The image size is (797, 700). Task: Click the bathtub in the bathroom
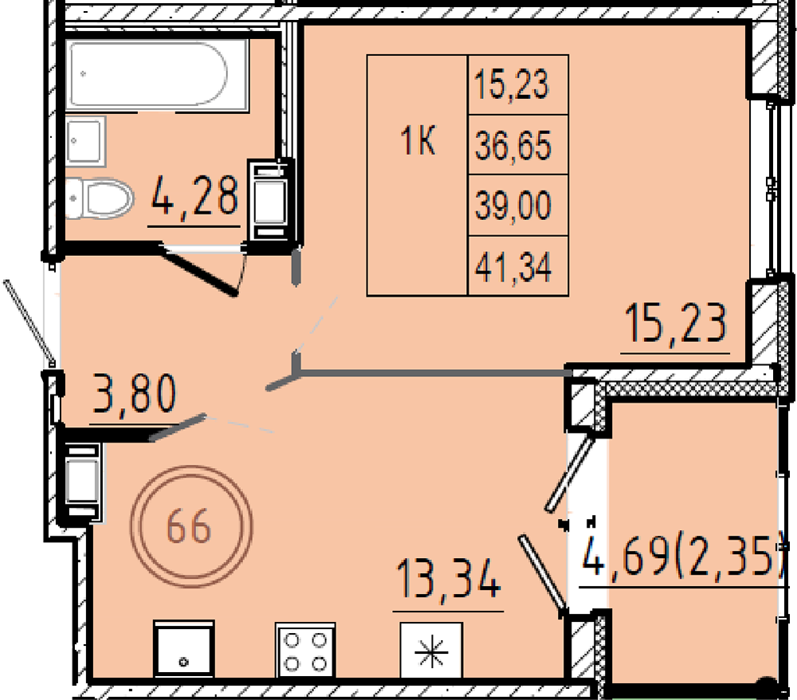point(157,74)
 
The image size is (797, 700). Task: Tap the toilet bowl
point(99,198)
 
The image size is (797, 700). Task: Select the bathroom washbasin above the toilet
point(85,141)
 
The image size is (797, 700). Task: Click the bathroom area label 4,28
point(194,195)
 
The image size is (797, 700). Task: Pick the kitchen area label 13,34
point(448,579)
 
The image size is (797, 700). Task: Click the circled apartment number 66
point(191,527)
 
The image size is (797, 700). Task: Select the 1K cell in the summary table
point(418,175)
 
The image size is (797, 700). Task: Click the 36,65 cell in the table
point(518,145)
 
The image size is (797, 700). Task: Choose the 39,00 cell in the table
point(518,206)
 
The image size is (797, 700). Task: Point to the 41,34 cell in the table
point(518,265)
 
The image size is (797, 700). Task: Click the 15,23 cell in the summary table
point(518,85)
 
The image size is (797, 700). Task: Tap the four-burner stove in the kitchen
point(305,651)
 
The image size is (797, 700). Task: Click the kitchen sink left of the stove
point(184,649)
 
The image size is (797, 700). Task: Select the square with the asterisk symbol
point(431,651)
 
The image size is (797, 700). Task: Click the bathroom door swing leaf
point(199,271)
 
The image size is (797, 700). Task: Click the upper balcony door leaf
point(570,473)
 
